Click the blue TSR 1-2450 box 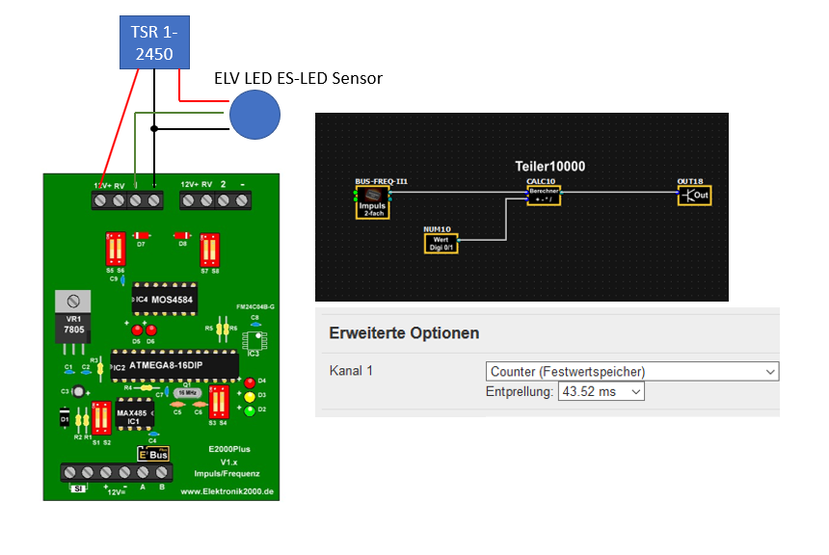152,42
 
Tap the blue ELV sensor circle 254,115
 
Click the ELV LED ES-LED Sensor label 298,78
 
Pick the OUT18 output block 695,194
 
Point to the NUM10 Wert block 441,241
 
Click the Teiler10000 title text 549,166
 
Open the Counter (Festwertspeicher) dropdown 631,371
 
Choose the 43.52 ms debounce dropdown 601,392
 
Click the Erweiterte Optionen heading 404,333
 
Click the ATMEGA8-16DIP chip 174,364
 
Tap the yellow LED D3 250,396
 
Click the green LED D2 250,410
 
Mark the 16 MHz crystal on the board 188,394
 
